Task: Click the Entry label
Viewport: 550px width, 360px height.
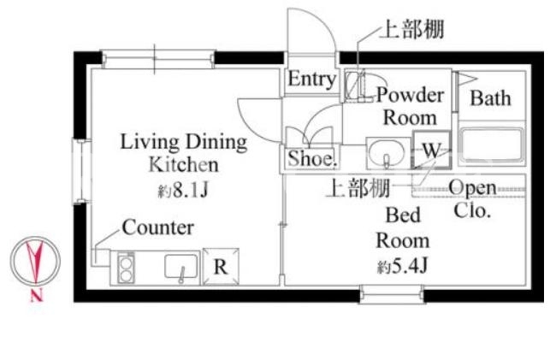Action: (x=311, y=79)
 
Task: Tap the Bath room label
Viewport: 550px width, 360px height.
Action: (x=490, y=97)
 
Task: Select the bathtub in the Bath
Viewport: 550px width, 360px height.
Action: (x=491, y=145)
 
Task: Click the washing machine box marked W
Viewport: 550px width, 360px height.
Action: (x=431, y=150)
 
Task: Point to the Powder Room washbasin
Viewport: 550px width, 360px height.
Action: (x=387, y=153)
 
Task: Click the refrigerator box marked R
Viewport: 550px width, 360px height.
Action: (x=221, y=267)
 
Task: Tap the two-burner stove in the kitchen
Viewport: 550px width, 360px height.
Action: (x=126, y=268)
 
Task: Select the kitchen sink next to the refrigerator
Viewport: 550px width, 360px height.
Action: (x=181, y=267)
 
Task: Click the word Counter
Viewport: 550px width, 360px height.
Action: (x=158, y=227)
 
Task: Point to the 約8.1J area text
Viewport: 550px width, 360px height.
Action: (x=183, y=191)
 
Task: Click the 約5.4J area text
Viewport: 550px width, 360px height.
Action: (x=402, y=267)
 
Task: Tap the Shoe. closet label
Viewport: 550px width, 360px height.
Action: (x=312, y=158)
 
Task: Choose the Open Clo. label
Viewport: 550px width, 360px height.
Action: (x=472, y=199)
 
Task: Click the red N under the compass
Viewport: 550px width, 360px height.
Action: (x=36, y=296)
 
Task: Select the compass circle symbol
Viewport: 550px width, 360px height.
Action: (x=35, y=261)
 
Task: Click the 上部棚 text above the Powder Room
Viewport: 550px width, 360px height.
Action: (x=412, y=29)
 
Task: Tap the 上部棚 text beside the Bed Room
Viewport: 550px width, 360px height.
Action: (x=358, y=188)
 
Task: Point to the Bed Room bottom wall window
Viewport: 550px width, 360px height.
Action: (x=392, y=294)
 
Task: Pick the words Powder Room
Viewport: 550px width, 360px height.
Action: (x=410, y=106)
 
